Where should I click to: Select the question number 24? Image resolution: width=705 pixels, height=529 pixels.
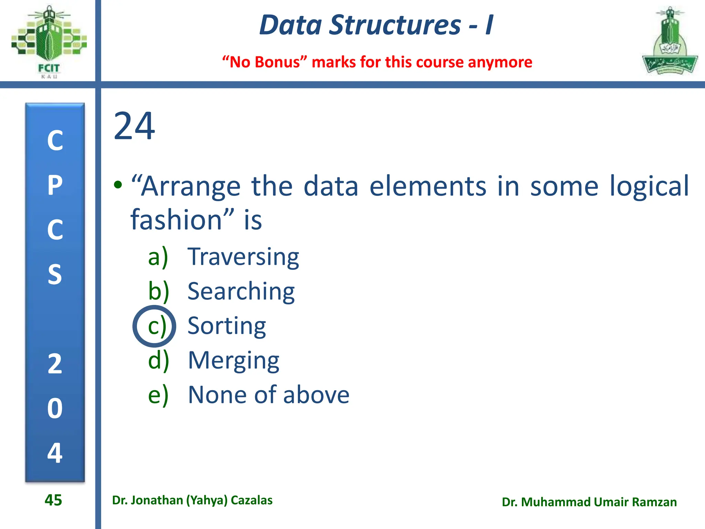coord(134,126)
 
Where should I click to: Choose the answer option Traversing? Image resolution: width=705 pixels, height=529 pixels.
coord(243,257)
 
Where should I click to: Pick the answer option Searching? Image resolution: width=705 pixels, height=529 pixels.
coord(241,291)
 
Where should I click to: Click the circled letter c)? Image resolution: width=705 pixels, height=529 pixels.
coord(155,326)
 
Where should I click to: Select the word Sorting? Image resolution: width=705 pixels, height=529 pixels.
coord(227,326)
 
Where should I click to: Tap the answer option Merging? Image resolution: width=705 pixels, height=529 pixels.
coord(233,361)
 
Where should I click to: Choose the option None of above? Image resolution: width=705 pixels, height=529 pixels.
coord(269,395)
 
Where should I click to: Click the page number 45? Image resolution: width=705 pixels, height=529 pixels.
coord(53,500)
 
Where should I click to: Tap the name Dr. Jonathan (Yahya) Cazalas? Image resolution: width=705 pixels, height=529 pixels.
coord(192,500)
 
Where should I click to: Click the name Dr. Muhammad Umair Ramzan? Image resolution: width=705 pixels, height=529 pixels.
coord(589,502)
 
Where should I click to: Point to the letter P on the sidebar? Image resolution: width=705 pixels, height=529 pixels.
coord(55,185)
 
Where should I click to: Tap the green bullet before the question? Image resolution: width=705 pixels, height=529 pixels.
coord(118,185)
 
